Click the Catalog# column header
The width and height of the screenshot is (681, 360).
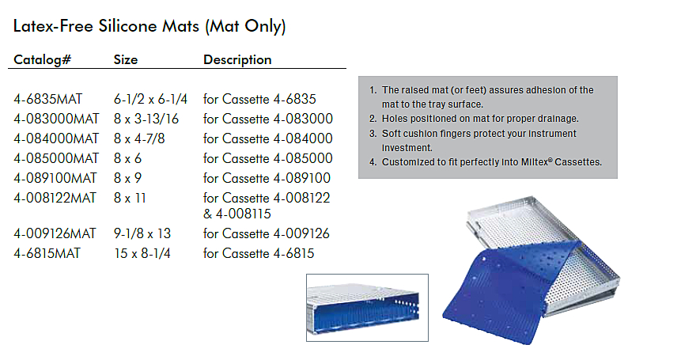[42, 59]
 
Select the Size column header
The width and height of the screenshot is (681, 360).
[126, 59]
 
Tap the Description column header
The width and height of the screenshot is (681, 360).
[237, 60]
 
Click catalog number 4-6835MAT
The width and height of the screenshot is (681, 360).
[47, 99]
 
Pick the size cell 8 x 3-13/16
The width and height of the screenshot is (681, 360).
[146, 119]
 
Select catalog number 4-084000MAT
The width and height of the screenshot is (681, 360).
[56, 138]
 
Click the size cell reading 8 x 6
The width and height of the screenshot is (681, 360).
[127, 158]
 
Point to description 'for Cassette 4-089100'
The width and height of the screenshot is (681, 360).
[267, 178]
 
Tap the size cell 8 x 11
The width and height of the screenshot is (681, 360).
[130, 198]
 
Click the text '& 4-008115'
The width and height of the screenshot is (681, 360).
[237, 214]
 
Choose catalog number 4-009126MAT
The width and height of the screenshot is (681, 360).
[55, 233]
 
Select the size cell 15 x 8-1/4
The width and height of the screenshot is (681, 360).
[142, 254]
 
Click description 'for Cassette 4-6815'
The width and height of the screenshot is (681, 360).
[259, 254]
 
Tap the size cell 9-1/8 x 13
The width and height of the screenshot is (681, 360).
[142, 233]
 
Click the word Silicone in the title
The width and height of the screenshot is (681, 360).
[127, 26]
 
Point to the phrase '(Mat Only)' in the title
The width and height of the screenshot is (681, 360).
[245, 26]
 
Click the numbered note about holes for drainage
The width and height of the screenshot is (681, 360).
[474, 119]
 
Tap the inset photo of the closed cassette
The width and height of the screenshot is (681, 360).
[367, 308]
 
